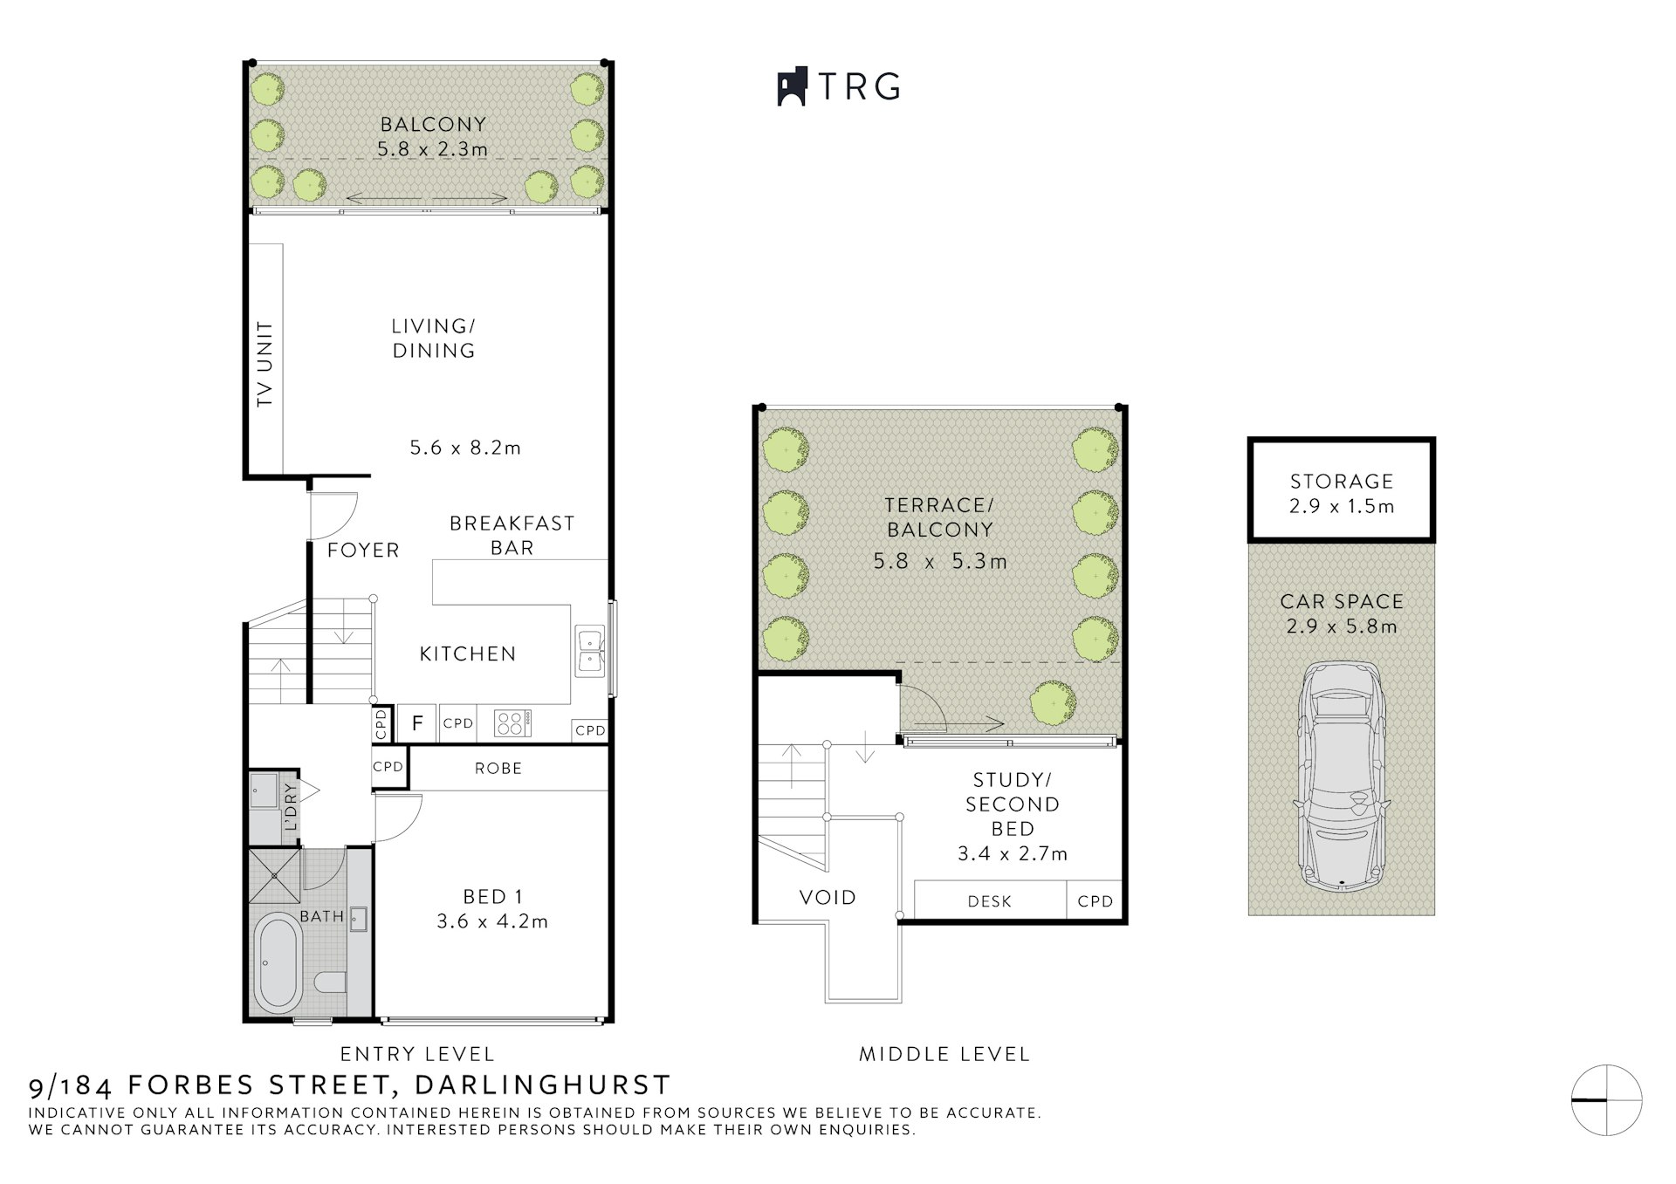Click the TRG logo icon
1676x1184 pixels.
point(791,87)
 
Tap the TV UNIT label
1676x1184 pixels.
point(264,364)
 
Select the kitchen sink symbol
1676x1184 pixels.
point(589,651)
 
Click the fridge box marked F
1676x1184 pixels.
point(418,723)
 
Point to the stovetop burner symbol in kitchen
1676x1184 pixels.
point(512,723)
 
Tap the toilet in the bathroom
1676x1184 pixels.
point(329,983)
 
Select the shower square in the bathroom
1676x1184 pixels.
point(274,874)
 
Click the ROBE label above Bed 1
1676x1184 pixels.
point(498,769)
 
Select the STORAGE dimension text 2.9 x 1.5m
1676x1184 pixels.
point(1342,506)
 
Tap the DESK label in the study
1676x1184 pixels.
point(990,901)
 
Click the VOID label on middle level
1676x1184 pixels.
point(828,897)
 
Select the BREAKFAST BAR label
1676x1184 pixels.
point(512,535)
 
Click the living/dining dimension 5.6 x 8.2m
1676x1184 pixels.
point(465,448)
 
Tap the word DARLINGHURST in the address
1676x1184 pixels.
point(542,1085)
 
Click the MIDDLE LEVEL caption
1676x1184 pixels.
point(944,1054)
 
